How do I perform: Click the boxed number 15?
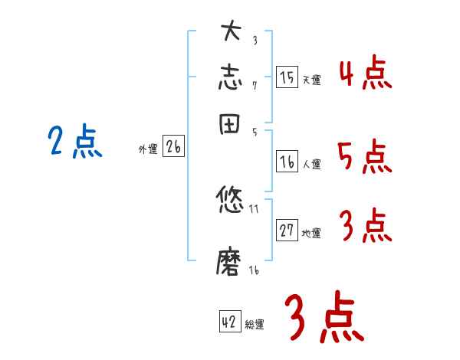(287, 77)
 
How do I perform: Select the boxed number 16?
(287, 162)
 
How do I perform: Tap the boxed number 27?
(287, 231)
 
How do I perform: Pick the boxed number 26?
(173, 147)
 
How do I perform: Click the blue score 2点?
(74, 142)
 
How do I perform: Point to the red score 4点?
(365, 74)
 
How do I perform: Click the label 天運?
(311, 80)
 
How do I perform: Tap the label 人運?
(311, 164)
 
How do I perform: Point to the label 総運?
(255, 325)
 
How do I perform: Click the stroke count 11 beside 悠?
(255, 208)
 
